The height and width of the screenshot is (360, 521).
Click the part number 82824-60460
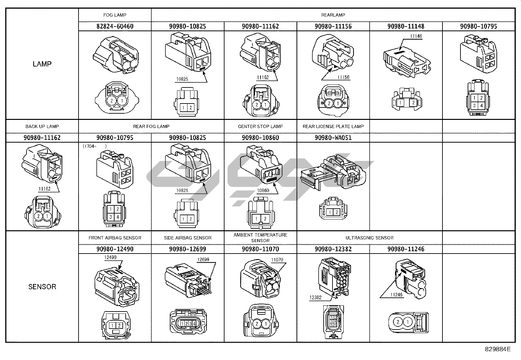coord(115,26)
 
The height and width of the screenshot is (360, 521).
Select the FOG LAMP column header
coord(115,15)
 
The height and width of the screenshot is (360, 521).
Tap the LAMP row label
coord(42,64)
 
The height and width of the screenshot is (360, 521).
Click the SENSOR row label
coord(42,287)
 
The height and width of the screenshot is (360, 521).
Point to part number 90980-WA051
coord(333,138)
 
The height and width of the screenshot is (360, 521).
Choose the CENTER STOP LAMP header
coord(260,126)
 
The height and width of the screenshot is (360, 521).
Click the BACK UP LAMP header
coord(42,126)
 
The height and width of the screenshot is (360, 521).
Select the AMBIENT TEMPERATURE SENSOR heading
coord(260,237)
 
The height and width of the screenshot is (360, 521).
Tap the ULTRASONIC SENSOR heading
coord(369,238)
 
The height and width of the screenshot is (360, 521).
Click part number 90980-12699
coord(188,249)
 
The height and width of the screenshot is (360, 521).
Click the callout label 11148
coord(416,36)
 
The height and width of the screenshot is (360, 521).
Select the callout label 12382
coord(315,297)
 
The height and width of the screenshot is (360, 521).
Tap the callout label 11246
coord(396,295)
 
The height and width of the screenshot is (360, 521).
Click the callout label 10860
coord(263,190)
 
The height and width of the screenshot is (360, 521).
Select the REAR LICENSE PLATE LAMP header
coord(333,126)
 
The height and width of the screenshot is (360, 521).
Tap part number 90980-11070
coord(260,249)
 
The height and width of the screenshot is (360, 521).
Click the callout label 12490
coord(110,257)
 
